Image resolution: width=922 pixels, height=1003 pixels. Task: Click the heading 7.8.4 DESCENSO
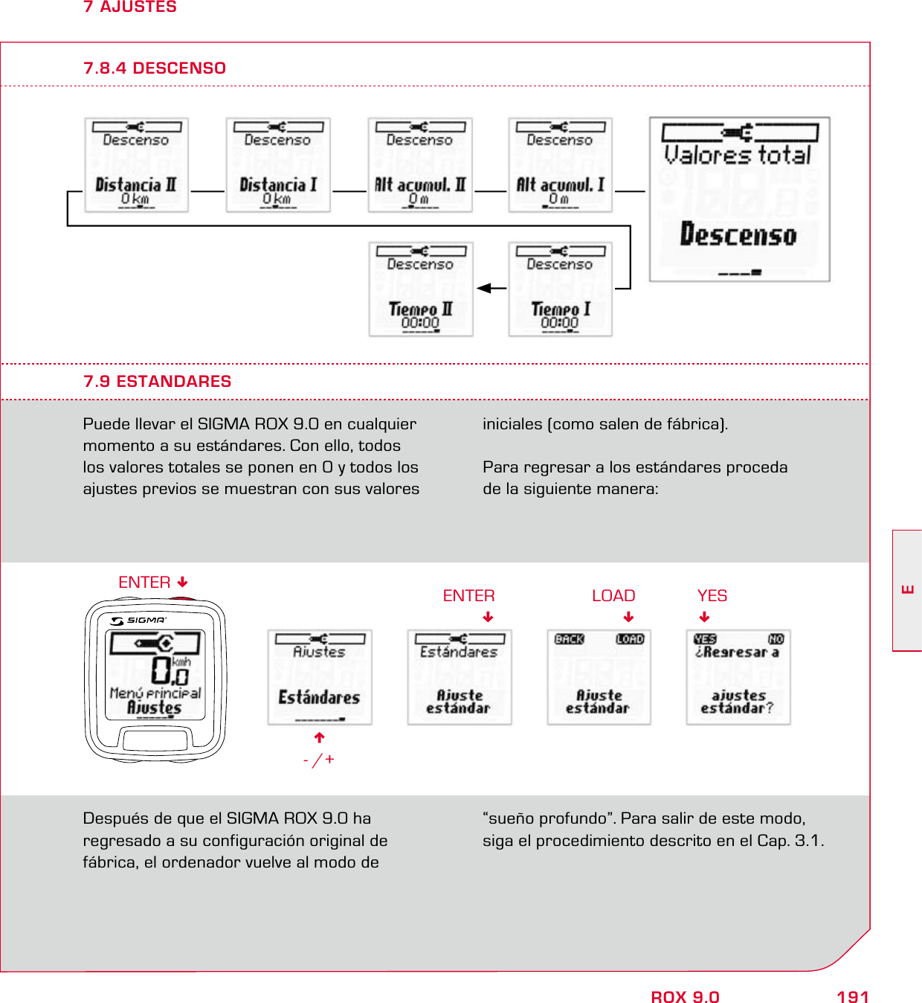pyautogui.click(x=155, y=68)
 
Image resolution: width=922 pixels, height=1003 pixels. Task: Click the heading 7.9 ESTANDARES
pyautogui.click(x=157, y=381)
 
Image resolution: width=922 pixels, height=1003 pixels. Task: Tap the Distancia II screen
pyautogui.click(x=136, y=165)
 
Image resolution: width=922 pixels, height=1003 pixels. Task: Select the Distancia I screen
pyautogui.click(x=277, y=165)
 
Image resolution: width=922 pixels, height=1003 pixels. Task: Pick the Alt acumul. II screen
pyautogui.click(x=420, y=165)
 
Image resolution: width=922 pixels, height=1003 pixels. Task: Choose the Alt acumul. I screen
pyautogui.click(x=560, y=165)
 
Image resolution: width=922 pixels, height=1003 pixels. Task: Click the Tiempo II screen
pyautogui.click(x=421, y=289)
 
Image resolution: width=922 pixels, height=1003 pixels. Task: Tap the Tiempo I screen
pyautogui.click(x=560, y=289)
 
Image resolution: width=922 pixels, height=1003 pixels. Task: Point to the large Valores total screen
pyautogui.click(x=739, y=199)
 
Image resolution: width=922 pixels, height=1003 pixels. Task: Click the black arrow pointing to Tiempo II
pyautogui.click(x=486, y=288)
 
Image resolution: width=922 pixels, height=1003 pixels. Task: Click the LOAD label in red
pyautogui.click(x=613, y=595)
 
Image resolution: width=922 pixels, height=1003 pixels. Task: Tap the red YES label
pyautogui.click(x=712, y=595)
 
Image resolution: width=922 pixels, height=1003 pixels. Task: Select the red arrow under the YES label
pyautogui.click(x=704, y=617)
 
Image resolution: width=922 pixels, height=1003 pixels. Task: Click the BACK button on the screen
pyautogui.click(x=570, y=639)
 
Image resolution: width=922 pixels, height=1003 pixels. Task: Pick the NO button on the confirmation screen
pyautogui.click(x=776, y=639)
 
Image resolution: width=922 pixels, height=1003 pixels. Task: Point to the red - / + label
pyautogui.click(x=319, y=760)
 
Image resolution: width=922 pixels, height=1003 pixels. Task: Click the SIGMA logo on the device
pyautogui.click(x=139, y=620)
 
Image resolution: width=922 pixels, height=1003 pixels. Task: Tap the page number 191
pyautogui.click(x=852, y=997)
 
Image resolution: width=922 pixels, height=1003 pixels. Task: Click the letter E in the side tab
pyautogui.click(x=907, y=590)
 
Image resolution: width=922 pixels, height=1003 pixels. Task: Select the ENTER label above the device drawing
pyautogui.click(x=144, y=582)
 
